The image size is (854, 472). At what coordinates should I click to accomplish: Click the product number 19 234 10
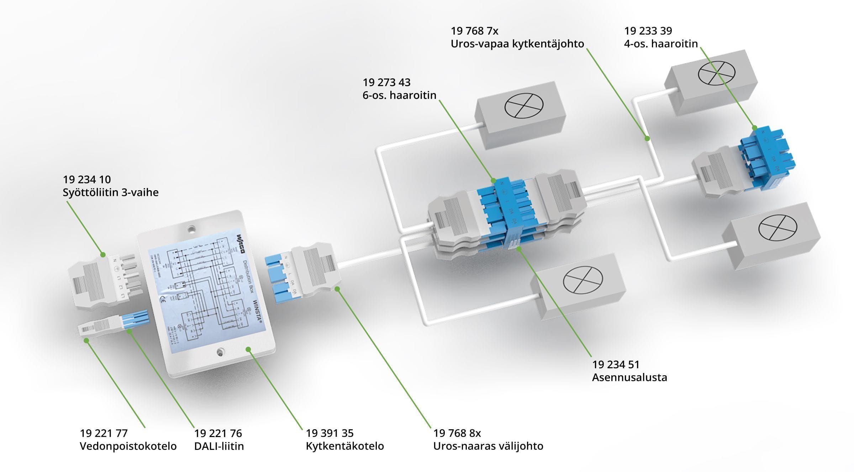pyautogui.click(x=87, y=179)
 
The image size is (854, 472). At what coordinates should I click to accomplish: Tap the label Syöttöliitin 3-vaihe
pyautogui.click(x=111, y=192)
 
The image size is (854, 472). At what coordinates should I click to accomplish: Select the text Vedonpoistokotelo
pyautogui.click(x=128, y=446)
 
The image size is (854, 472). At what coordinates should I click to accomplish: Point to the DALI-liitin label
pyautogui.click(x=219, y=446)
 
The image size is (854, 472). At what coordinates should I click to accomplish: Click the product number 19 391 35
pyautogui.click(x=330, y=433)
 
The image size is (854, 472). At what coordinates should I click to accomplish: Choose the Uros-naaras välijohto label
pyautogui.click(x=488, y=446)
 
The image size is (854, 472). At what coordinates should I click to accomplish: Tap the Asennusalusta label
pyautogui.click(x=629, y=377)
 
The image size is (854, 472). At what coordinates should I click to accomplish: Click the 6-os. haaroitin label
pyautogui.click(x=399, y=95)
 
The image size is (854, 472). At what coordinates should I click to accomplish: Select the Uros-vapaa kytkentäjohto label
pyautogui.click(x=517, y=44)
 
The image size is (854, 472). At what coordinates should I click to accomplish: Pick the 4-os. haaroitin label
pyautogui.click(x=661, y=44)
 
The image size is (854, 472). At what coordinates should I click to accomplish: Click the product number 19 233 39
pyautogui.click(x=648, y=31)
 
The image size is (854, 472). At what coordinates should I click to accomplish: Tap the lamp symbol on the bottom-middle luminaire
pyautogui.click(x=583, y=280)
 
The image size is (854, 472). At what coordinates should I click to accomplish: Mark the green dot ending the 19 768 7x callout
pyautogui.click(x=647, y=138)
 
